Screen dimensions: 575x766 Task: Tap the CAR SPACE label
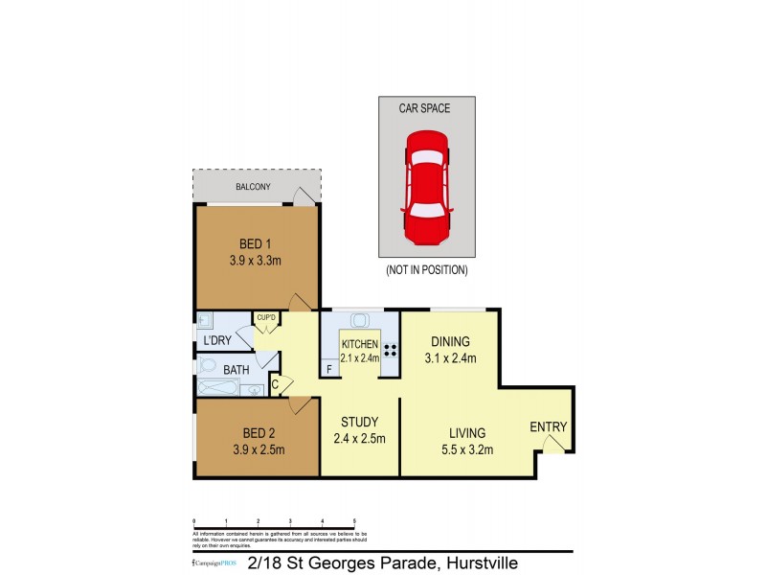(426, 109)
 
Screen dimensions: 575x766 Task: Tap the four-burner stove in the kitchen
(391, 349)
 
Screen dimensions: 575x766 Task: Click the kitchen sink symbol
(360, 321)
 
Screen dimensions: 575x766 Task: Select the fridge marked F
(329, 368)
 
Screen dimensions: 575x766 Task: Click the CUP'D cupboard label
(265, 318)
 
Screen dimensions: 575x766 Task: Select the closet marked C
(275, 385)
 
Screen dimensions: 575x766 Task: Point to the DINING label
(450, 341)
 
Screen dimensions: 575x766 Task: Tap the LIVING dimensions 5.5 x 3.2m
(462, 449)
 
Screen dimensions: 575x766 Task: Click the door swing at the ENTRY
(552, 444)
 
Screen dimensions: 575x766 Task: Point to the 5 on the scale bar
(355, 519)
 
